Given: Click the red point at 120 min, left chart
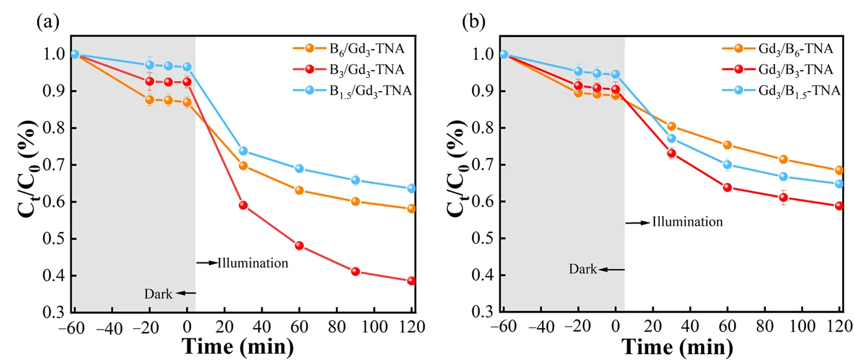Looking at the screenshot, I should (411, 281).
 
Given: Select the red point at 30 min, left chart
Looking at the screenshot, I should (243, 205).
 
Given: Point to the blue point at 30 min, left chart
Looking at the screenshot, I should (243, 151).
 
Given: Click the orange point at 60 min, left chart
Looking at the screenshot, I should (299, 190).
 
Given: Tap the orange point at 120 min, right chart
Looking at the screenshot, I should (839, 170).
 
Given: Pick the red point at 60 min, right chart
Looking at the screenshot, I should (727, 187).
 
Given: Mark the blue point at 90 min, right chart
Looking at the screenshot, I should (783, 176).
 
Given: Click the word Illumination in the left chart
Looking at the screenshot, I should (253, 263).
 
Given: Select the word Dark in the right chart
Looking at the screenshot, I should (583, 269).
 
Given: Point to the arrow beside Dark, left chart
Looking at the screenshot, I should (185, 293).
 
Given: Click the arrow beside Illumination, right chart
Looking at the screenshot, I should (637, 223).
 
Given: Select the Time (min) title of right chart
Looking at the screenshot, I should (673, 346).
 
